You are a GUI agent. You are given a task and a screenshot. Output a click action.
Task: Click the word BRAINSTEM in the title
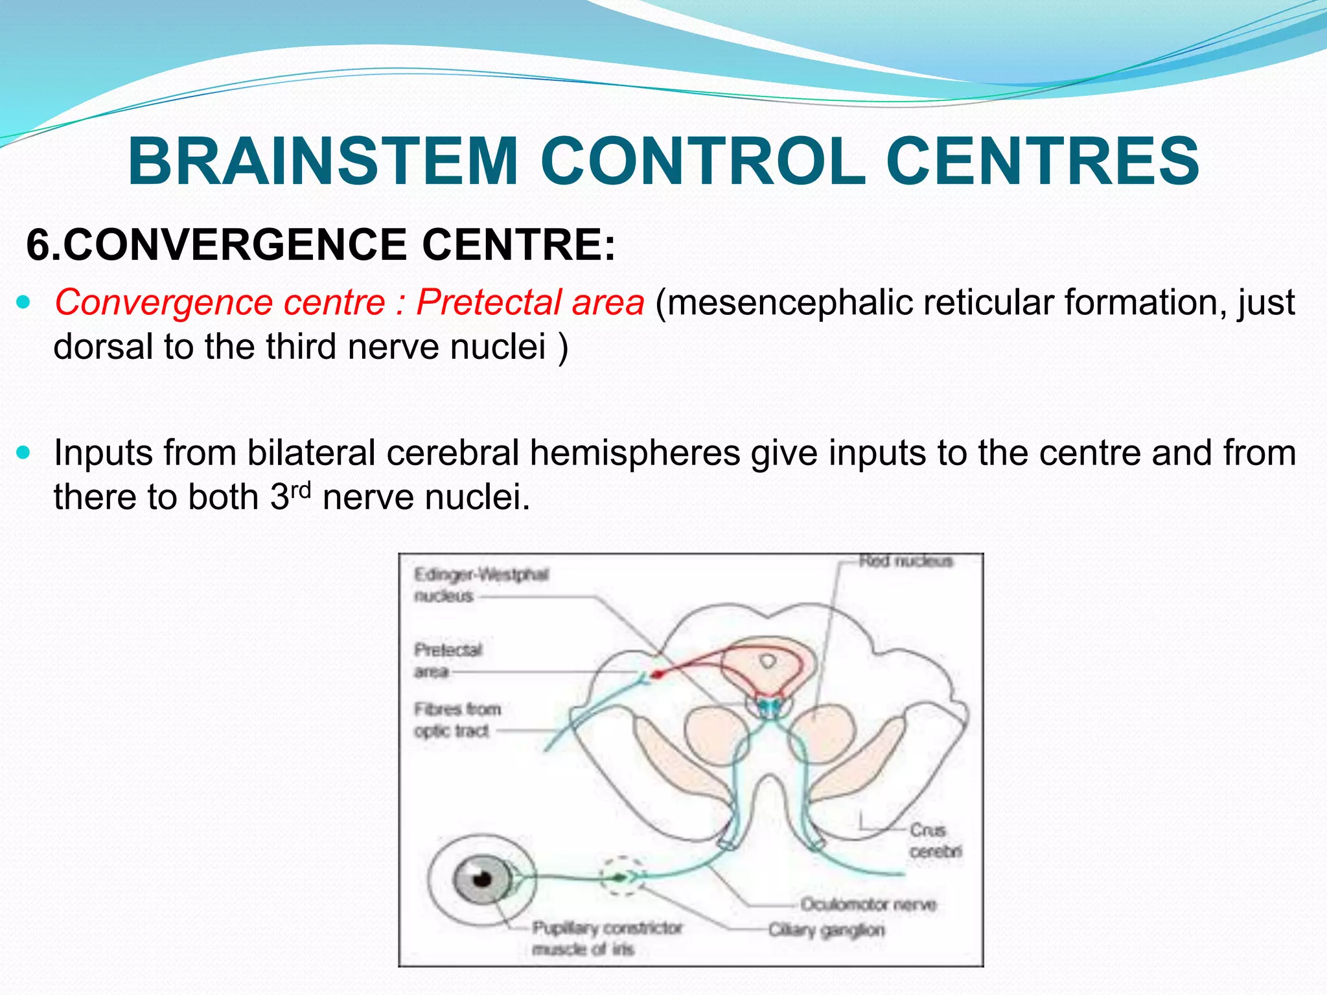pos(323,162)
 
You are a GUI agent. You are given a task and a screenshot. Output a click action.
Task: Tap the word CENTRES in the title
pos(1042,162)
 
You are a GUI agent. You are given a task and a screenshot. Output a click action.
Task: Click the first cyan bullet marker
pos(24,302)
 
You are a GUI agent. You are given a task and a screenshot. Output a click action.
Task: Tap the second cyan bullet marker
pos(24,452)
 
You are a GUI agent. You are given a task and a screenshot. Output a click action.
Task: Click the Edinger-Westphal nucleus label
pos(480,585)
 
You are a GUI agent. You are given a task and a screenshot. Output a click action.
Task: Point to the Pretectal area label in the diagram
pos(447,660)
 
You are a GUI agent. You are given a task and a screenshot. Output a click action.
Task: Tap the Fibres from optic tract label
pos(457,720)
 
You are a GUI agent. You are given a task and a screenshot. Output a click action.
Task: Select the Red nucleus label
pos(905,561)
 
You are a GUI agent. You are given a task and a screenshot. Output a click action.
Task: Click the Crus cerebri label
pos(934,840)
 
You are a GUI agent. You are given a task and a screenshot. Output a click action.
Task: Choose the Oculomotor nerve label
pos(868,904)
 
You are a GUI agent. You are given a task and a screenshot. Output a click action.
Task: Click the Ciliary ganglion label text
pos(826,930)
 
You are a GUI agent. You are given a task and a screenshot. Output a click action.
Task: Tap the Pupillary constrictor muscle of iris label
pos(606,938)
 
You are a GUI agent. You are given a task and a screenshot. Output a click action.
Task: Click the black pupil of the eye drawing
pos(481,879)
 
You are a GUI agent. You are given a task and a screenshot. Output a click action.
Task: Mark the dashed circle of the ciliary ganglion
pos(621,876)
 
